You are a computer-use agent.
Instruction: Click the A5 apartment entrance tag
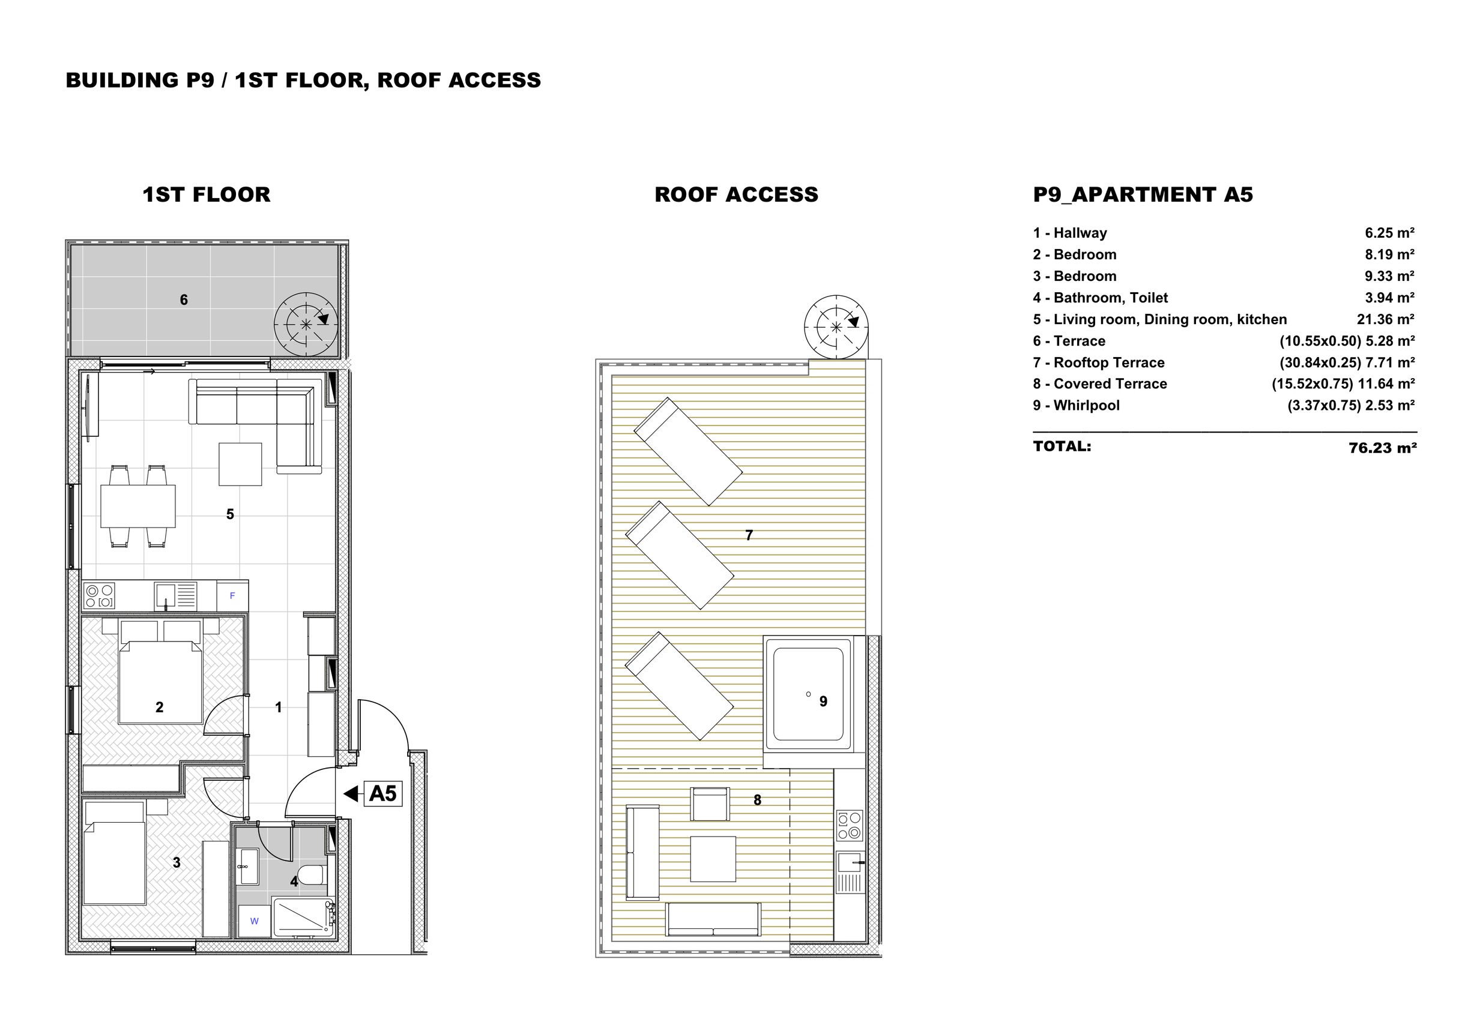(383, 794)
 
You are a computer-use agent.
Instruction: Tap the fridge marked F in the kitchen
(232, 596)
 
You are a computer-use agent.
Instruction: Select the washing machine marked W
(255, 921)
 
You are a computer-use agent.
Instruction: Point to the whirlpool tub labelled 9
(808, 694)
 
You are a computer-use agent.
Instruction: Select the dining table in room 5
(137, 506)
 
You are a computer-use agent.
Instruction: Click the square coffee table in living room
(240, 464)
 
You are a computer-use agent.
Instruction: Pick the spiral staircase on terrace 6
(306, 324)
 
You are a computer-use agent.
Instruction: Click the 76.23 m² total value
(1382, 448)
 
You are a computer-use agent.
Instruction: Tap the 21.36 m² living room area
(1385, 319)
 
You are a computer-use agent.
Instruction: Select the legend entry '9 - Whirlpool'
(1076, 405)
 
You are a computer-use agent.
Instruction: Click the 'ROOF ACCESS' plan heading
(737, 194)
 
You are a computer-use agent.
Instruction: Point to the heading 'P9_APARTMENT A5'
(1143, 194)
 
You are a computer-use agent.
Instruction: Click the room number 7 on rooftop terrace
(749, 535)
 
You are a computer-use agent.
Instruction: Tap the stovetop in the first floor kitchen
(99, 596)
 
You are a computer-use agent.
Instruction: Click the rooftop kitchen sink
(850, 862)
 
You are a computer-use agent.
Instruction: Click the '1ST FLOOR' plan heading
(207, 194)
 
